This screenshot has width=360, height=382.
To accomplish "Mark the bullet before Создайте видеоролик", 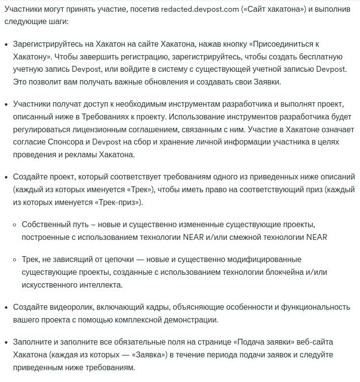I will point(5,307).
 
